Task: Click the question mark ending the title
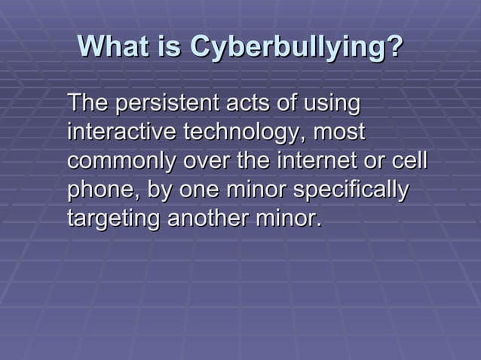(394, 47)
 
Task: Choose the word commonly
(120, 162)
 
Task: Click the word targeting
(113, 221)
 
